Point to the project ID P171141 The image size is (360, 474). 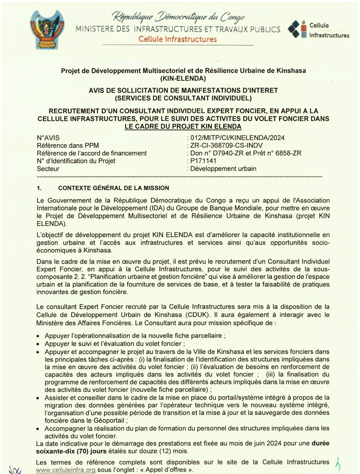click(x=203, y=161)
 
